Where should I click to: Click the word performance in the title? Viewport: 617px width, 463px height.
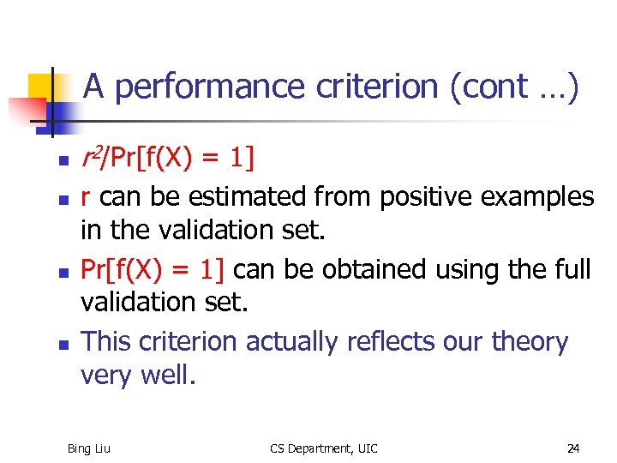point(208,87)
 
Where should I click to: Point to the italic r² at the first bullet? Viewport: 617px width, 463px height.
point(90,157)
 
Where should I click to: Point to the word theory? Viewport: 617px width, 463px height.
point(530,342)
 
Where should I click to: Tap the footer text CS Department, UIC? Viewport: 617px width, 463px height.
point(323,448)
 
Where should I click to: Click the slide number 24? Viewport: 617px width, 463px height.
point(573,448)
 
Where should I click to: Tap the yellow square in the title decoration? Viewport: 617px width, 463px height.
point(43,88)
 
